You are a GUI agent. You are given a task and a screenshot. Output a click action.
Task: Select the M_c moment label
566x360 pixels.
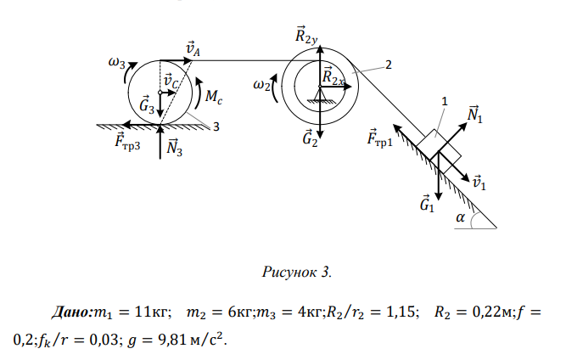(213, 98)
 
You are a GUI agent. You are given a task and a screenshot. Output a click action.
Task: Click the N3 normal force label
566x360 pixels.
(175, 148)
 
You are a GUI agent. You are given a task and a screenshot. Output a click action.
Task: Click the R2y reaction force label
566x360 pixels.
(306, 36)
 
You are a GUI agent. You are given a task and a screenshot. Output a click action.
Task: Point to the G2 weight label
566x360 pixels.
(311, 139)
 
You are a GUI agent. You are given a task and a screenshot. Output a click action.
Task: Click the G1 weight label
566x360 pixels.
(428, 204)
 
